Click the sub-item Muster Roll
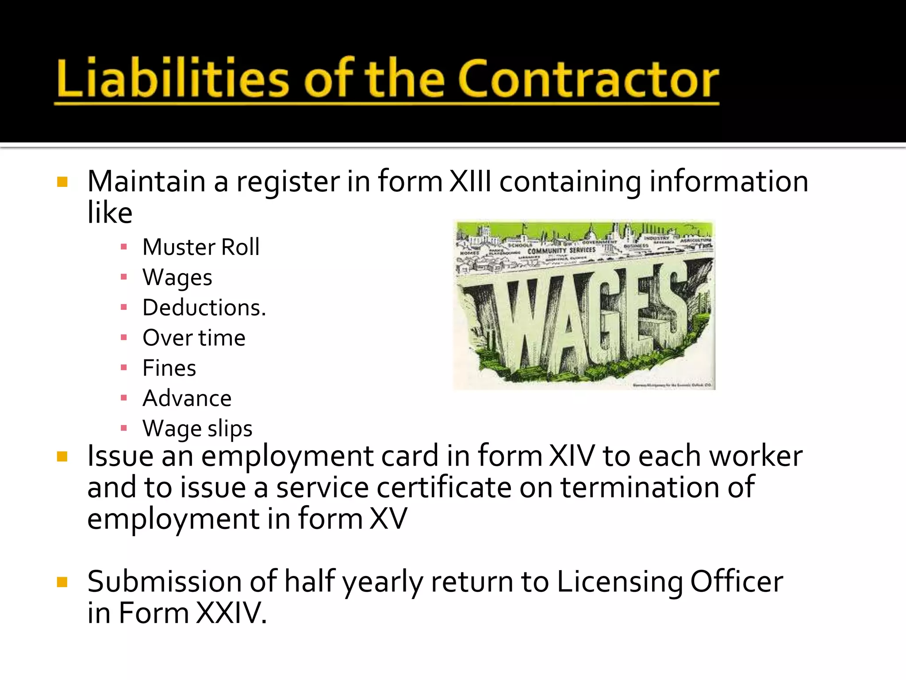[x=201, y=247]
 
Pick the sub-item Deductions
[x=204, y=308]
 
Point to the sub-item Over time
[x=194, y=338]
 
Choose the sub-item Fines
[x=169, y=368]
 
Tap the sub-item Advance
[x=187, y=398]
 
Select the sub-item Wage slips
[x=197, y=429]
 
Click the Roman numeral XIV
[x=572, y=456]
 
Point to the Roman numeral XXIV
[x=231, y=613]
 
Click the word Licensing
[x=619, y=582]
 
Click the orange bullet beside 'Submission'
[x=62, y=582]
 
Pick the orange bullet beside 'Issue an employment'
[x=62, y=456]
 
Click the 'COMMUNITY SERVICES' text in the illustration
[x=561, y=251]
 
